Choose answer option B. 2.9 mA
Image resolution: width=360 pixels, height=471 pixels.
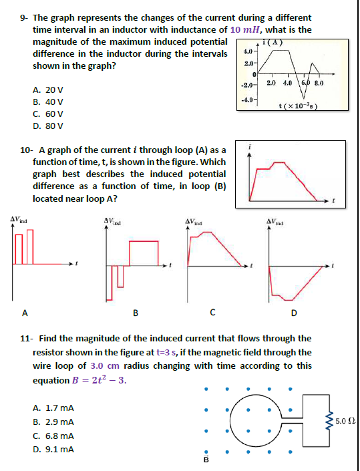(x=53, y=422)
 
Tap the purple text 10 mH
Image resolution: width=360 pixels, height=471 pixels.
(x=245, y=30)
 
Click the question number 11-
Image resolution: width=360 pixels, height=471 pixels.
(x=25, y=338)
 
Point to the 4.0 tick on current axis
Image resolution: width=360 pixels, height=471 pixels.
(x=246, y=51)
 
